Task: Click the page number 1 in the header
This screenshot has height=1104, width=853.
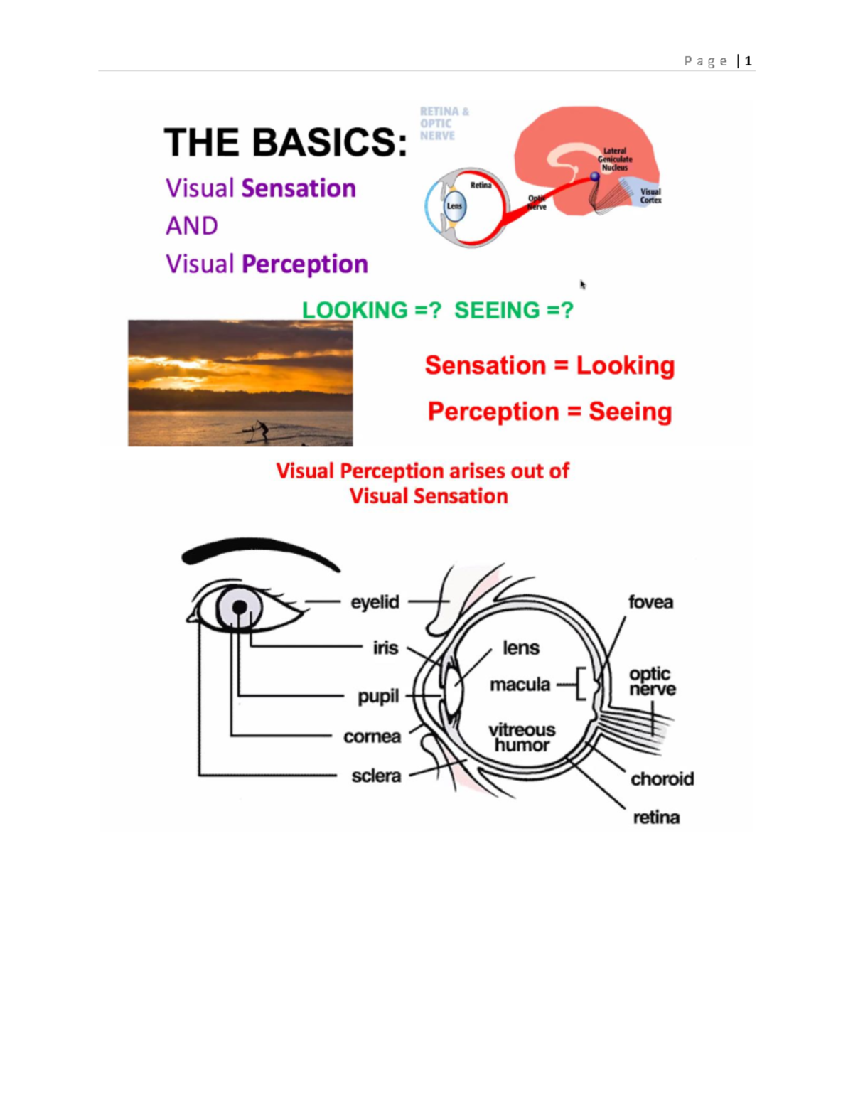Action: point(748,61)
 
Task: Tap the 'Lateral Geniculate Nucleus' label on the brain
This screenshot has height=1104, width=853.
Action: point(615,159)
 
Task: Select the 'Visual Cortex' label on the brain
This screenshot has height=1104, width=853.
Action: point(650,195)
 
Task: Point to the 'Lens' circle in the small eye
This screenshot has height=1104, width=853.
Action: point(454,206)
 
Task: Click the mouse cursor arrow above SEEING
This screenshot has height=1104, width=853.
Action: point(583,284)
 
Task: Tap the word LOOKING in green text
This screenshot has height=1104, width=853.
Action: point(355,311)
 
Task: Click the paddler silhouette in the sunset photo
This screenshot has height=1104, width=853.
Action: point(262,429)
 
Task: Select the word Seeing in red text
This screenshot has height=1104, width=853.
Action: point(630,412)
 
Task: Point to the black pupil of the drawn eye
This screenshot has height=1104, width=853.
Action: point(240,607)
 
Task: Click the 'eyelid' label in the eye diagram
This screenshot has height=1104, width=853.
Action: point(375,602)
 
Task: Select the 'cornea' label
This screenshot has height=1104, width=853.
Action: point(372,736)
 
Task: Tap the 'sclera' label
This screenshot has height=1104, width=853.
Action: point(376,776)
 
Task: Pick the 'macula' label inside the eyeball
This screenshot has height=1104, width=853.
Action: point(520,685)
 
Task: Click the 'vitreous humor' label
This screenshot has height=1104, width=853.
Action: point(522,737)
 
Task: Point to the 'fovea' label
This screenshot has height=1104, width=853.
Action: point(650,602)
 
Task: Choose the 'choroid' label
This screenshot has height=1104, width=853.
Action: point(662,779)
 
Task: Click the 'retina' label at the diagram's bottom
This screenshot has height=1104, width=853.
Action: point(656,818)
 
